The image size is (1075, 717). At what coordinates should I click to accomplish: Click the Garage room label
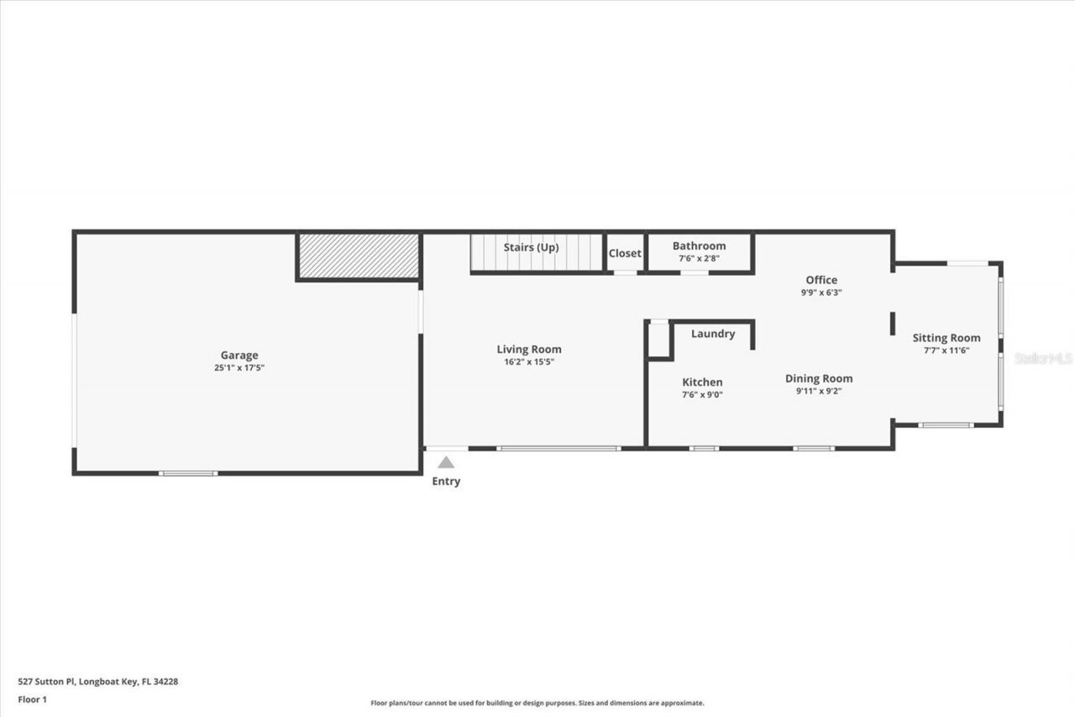pos(239,355)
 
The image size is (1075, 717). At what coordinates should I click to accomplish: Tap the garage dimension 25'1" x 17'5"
pos(239,368)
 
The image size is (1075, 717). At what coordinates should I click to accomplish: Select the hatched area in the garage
pos(358,256)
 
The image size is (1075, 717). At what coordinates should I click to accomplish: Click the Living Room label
pos(529,349)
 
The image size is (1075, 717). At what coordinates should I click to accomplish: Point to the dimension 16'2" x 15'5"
pos(529,362)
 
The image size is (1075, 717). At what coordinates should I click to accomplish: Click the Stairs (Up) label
pos(531,247)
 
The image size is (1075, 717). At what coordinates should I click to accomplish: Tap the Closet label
pos(625,253)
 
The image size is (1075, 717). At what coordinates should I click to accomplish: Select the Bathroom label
pos(699,245)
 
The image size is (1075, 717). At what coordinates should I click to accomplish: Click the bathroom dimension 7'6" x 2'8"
pos(699,259)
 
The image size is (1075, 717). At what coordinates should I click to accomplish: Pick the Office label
pos(821,280)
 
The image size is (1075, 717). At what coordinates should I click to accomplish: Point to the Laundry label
pos(713,334)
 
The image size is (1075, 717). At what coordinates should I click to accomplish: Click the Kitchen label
pos(702,382)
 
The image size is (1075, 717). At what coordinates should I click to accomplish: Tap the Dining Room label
pos(819,378)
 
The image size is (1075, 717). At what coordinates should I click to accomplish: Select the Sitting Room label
pos(947,338)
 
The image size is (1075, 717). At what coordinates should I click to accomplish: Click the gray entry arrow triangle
pos(446,462)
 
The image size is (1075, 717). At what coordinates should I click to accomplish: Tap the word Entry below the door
pos(446,482)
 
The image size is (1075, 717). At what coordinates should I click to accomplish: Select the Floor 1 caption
pos(33,699)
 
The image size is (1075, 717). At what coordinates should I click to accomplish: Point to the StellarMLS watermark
pos(1043,358)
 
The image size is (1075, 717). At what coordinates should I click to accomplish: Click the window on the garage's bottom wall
pos(188,473)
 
